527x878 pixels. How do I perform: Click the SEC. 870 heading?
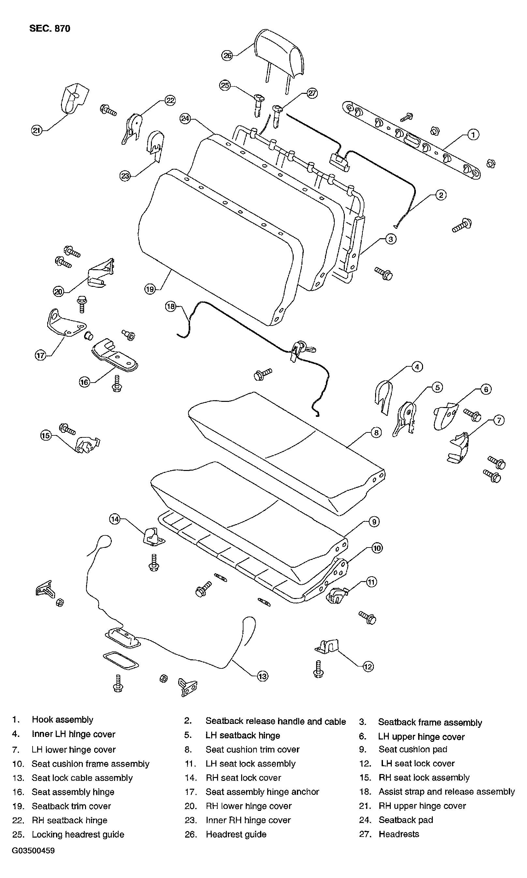click(x=50, y=28)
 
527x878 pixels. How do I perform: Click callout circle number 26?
click(x=227, y=55)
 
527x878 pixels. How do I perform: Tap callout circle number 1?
click(x=473, y=135)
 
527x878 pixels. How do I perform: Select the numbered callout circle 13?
click(x=262, y=676)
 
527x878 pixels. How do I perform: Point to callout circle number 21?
click(x=37, y=131)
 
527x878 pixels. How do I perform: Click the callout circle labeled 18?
click(x=171, y=306)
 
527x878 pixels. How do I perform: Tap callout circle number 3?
click(x=391, y=239)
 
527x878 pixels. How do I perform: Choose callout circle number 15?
click(x=46, y=435)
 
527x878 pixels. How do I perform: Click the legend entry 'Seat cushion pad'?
click(x=413, y=749)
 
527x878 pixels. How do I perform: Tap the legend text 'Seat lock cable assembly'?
click(x=82, y=778)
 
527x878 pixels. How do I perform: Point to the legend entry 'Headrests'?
click(x=399, y=834)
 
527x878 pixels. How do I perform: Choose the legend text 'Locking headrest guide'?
click(x=78, y=834)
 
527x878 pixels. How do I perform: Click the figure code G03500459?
click(x=33, y=850)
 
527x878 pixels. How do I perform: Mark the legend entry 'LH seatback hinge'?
click(x=243, y=735)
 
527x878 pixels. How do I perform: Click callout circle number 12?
click(x=368, y=667)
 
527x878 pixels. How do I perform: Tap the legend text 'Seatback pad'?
click(x=406, y=820)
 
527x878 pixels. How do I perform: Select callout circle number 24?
click(x=185, y=118)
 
